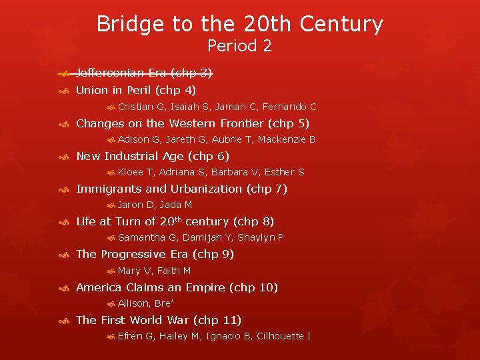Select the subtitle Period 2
239,46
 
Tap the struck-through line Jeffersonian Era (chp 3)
144,73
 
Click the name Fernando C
289,107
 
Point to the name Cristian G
142,107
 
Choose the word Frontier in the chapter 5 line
235,123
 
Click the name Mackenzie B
287,139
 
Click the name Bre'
164,303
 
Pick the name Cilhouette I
283,336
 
